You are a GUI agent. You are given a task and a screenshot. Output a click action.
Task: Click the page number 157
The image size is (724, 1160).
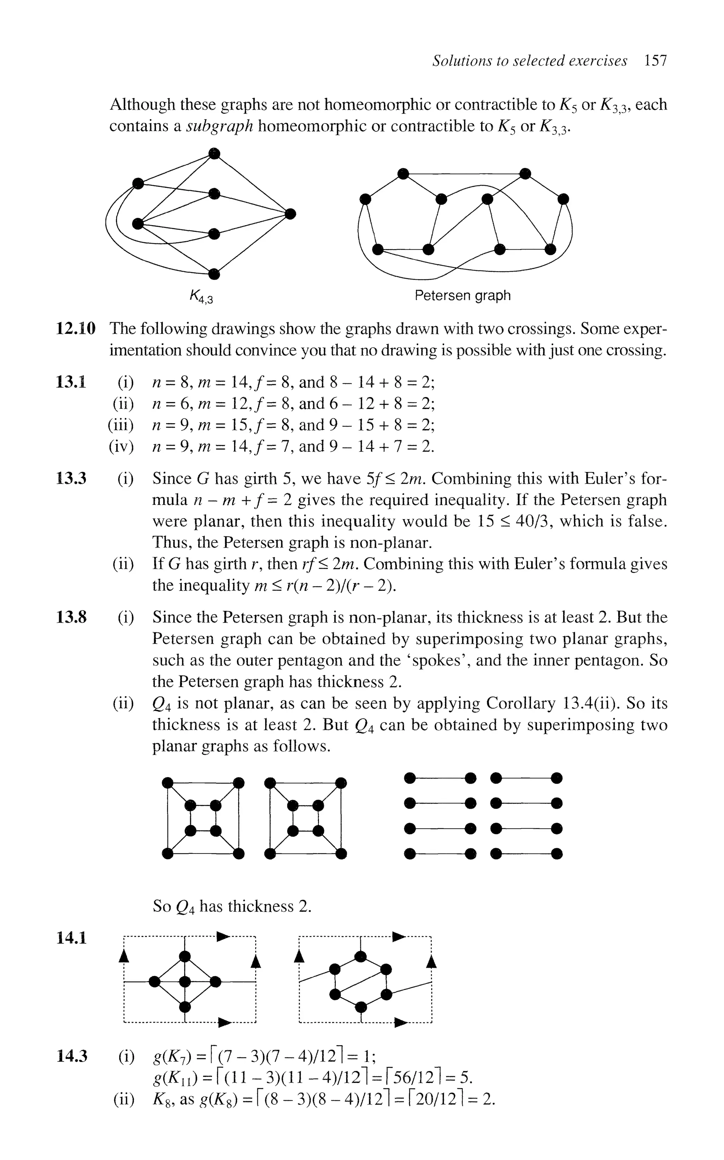[x=655, y=61]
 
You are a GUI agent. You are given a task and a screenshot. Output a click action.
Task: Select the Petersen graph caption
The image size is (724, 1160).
[x=462, y=295]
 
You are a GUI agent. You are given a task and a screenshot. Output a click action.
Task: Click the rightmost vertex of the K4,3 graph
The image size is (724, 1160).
[x=290, y=214]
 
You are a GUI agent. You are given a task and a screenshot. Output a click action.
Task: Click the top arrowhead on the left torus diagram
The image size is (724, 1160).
[x=223, y=935]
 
